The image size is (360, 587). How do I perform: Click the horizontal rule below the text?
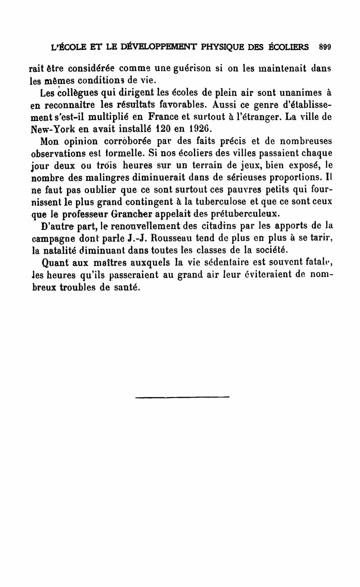tap(182, 397)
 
